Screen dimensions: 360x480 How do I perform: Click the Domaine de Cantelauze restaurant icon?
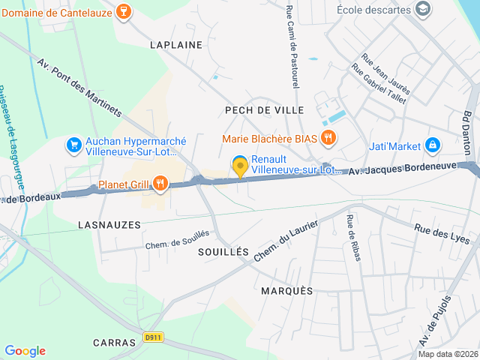(124, 11)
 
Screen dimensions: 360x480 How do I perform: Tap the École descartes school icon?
(424, 9)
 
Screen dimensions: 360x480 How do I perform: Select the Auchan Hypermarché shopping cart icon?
(73, 145)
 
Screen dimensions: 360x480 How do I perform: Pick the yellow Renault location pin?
(240, 166)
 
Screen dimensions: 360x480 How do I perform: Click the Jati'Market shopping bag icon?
(432, 145)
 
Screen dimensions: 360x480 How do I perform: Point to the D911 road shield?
(154, 337)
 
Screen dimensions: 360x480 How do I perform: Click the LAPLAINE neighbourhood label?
(176, 45)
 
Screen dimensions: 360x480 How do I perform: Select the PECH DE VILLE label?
(265, 110)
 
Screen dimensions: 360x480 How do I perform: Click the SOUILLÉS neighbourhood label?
(223, 253)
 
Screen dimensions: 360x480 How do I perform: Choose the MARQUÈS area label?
(287, 290)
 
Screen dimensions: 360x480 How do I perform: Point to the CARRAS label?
(114, 342)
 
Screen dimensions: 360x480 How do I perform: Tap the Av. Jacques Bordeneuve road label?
(402, 171)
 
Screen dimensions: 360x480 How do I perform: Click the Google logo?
(25, 351)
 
